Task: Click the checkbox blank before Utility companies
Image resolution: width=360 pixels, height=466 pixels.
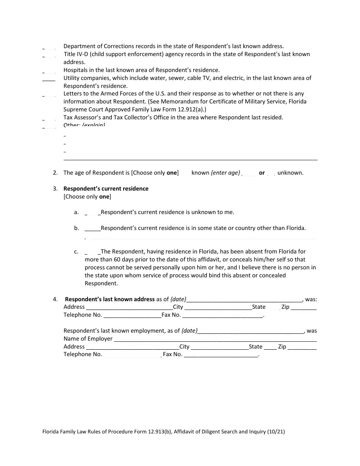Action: tap(49, 79)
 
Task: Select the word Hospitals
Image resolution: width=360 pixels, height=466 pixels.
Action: tap(76, 70)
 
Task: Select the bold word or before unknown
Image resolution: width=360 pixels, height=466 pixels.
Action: tap(262, 173)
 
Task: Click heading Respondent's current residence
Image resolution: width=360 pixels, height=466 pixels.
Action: tap(106, 189)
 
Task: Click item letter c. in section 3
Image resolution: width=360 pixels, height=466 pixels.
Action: tap(77, 252)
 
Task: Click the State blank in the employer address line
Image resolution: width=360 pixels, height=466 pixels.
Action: tap(270, 347)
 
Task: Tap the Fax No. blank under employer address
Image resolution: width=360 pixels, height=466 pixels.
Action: tap(221, 355)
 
